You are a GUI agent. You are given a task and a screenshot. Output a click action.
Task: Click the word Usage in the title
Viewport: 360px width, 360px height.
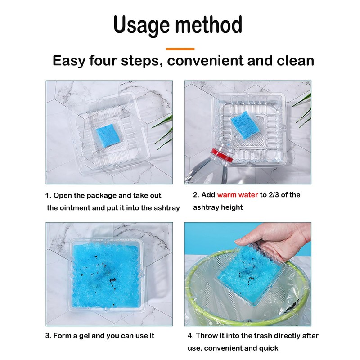(142, 25)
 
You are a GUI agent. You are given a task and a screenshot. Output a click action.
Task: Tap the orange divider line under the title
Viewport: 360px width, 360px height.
(180, 49)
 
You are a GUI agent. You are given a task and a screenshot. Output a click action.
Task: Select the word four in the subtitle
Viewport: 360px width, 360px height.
(103, 61)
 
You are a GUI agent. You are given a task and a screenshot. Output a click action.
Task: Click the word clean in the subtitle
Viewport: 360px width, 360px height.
(295, 61)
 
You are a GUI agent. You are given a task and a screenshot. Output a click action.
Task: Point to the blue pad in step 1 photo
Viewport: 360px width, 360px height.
(108, 136)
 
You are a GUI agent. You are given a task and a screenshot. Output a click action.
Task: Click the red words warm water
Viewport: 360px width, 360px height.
(238, 195)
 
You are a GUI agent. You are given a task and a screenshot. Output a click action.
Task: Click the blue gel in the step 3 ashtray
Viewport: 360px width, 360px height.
(105, 275)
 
